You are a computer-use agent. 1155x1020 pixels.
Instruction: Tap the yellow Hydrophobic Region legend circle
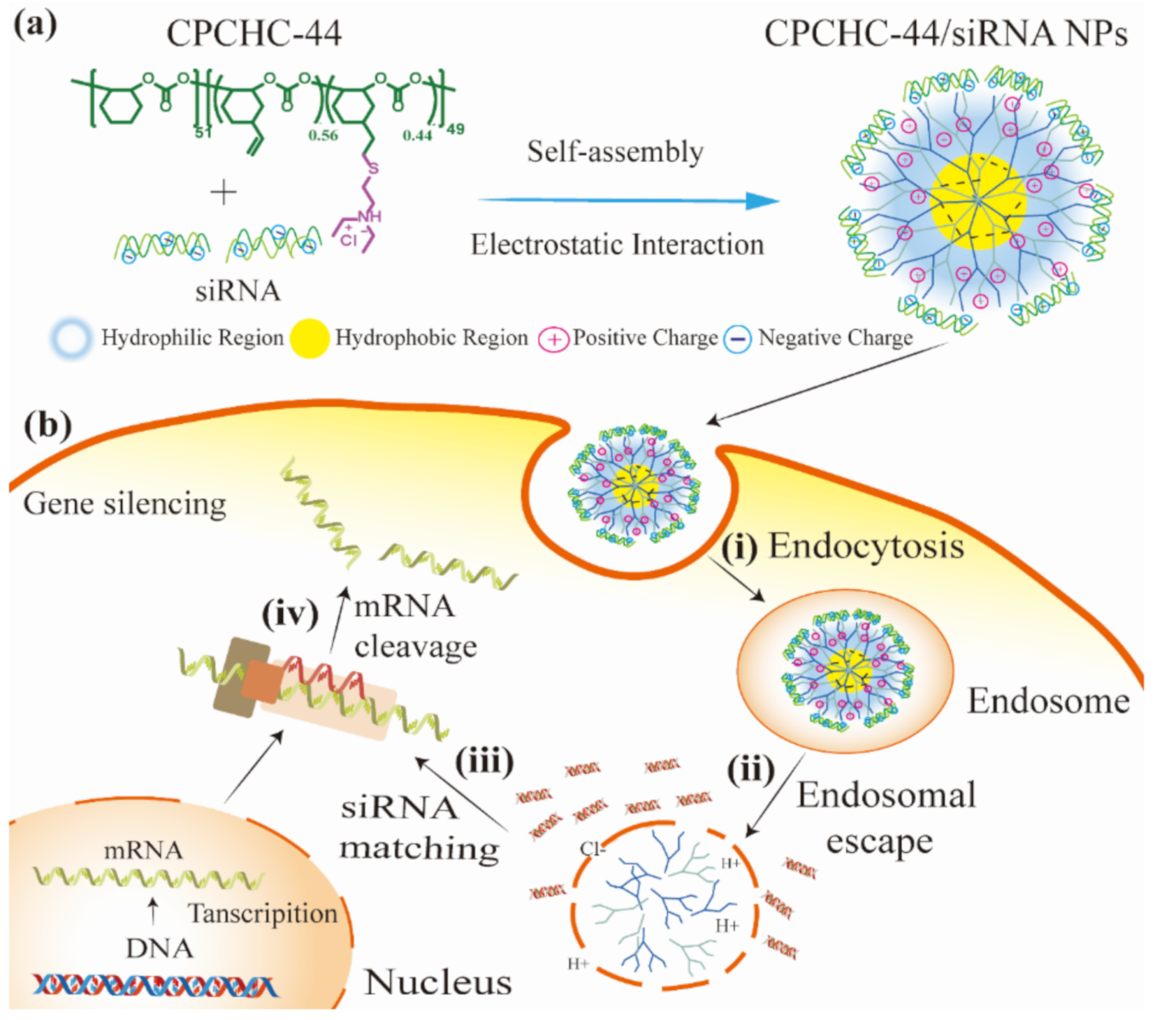coord(309,338)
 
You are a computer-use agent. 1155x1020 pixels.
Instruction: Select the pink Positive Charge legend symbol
coord(553,340)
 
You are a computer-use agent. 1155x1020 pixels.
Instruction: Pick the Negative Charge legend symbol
coord(737,340)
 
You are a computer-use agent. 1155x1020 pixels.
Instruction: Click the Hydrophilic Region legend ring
coord(71,338)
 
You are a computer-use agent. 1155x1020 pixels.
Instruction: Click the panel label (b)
coord(48,424)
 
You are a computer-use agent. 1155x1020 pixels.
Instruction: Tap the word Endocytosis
coord(866,545)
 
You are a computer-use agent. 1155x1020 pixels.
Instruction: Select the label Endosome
coord(1047,701)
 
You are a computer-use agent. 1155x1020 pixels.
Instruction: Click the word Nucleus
coord(438,982)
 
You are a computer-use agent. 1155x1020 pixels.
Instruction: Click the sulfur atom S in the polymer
coord(373,168)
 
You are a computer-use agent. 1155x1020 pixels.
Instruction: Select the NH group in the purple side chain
coord(369,217)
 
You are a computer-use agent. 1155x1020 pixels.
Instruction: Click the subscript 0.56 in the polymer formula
coord(323,135)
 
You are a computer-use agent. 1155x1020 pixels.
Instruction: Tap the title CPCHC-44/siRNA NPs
coord(945,33)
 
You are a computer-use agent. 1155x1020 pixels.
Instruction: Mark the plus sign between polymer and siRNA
coord(224,192)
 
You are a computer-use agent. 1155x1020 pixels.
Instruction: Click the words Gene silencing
coord(125,503)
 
